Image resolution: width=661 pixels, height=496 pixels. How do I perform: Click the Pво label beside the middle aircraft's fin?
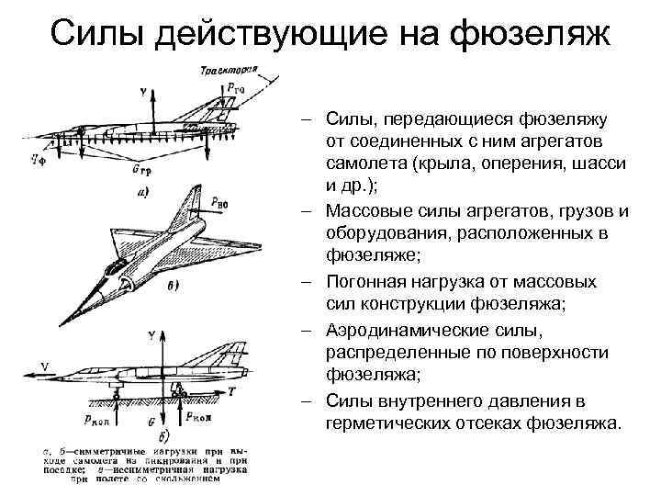click(218, 199)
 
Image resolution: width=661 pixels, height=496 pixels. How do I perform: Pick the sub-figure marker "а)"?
click(143, 192)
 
